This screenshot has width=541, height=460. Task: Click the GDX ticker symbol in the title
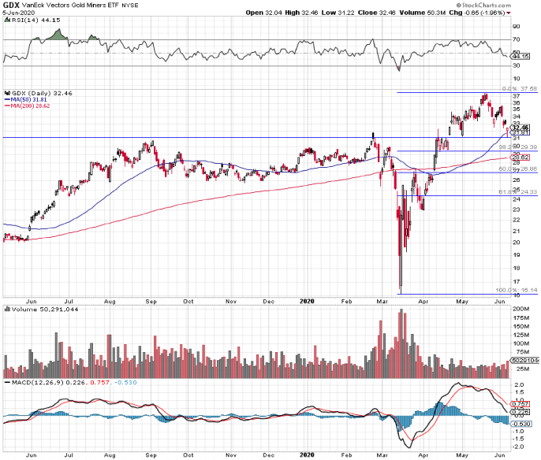point(10,5)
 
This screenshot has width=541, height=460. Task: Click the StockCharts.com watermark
point(509,5)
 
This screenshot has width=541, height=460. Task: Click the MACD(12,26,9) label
point(31,383)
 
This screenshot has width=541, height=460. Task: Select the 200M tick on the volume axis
point(518,310)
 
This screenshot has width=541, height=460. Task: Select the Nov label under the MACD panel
point(229,455)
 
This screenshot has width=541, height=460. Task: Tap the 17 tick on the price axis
point(515,281)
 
